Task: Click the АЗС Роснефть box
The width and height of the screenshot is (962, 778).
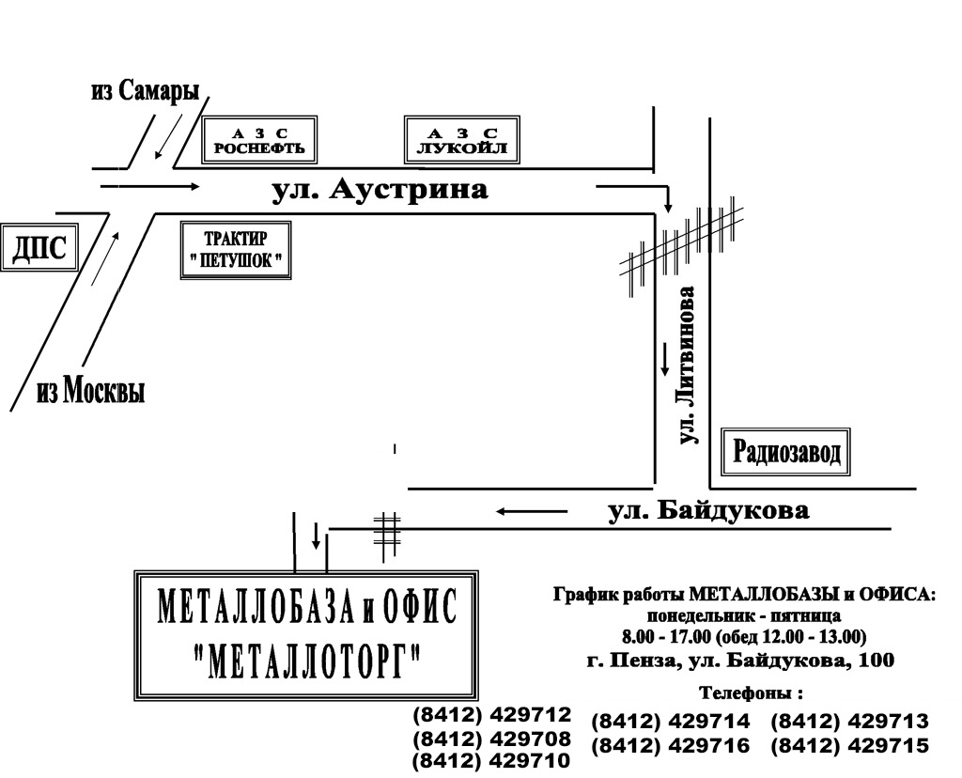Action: tap(259, 139)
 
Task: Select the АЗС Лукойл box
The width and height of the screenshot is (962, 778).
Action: tap(462, 139)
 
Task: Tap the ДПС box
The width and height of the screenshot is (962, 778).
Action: tap(39, 248)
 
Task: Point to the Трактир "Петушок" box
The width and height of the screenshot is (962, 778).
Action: tap(236, 250)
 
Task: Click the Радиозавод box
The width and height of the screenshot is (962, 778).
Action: tap(786, 452)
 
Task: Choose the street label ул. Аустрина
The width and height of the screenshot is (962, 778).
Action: tap(380, 190)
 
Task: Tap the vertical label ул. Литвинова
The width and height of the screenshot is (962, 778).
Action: tap(689, 365)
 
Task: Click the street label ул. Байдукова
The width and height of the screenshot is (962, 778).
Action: tap(708, 510)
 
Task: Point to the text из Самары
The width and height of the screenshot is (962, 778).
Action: tap(146, 91)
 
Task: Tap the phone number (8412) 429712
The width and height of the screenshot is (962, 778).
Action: tap(492, 715)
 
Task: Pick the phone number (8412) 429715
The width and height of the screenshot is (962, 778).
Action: tap(849, 745)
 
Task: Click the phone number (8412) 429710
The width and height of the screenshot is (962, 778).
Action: tap(492, 761)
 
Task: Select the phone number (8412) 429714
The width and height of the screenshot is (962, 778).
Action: tap(671, 721)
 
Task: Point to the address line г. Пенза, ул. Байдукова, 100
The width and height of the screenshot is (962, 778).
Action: tap(740, 661)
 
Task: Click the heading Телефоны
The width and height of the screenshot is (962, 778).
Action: tap(751, 693)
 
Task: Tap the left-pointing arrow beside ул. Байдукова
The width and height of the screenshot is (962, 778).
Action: tap(532, 511)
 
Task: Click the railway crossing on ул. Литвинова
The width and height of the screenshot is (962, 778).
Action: tap(681, 247)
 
